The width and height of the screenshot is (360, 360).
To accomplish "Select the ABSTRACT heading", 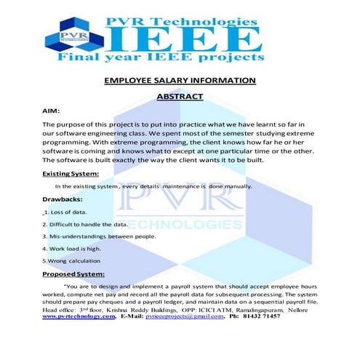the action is pyautogui.click(x=180, y=95).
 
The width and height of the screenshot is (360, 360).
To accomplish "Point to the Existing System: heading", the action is pyautogui.click(x=70, y=173).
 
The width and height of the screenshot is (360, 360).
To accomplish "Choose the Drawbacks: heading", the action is pyautogui.click(x=62, y=198).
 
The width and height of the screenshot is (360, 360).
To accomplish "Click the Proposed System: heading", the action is pyautogui.click(x=73, y=273).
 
